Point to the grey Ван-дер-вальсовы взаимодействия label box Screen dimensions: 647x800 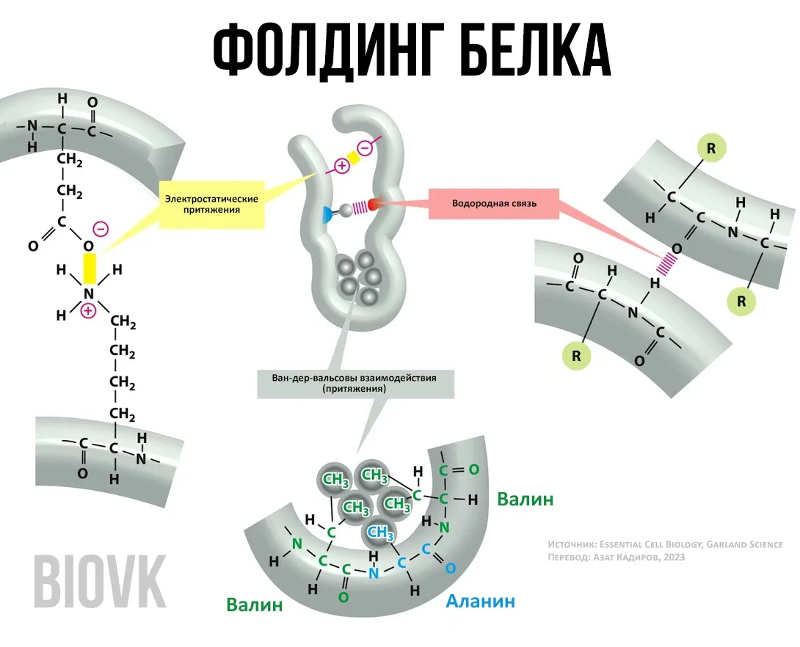(x=354, y=384)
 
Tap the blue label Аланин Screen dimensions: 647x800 (x=481, y=602)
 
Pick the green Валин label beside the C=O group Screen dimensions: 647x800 (x=525, y=500)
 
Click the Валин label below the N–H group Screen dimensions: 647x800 (x=254, y=605)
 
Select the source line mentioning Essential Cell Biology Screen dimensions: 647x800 (x=665, y=544)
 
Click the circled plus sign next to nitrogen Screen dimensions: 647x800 (x=88, y=311)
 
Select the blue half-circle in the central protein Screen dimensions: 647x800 (x=327, y=214)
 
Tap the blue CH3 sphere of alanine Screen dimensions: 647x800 (x=380, y=532)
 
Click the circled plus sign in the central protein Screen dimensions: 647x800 (x=341, y=165)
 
